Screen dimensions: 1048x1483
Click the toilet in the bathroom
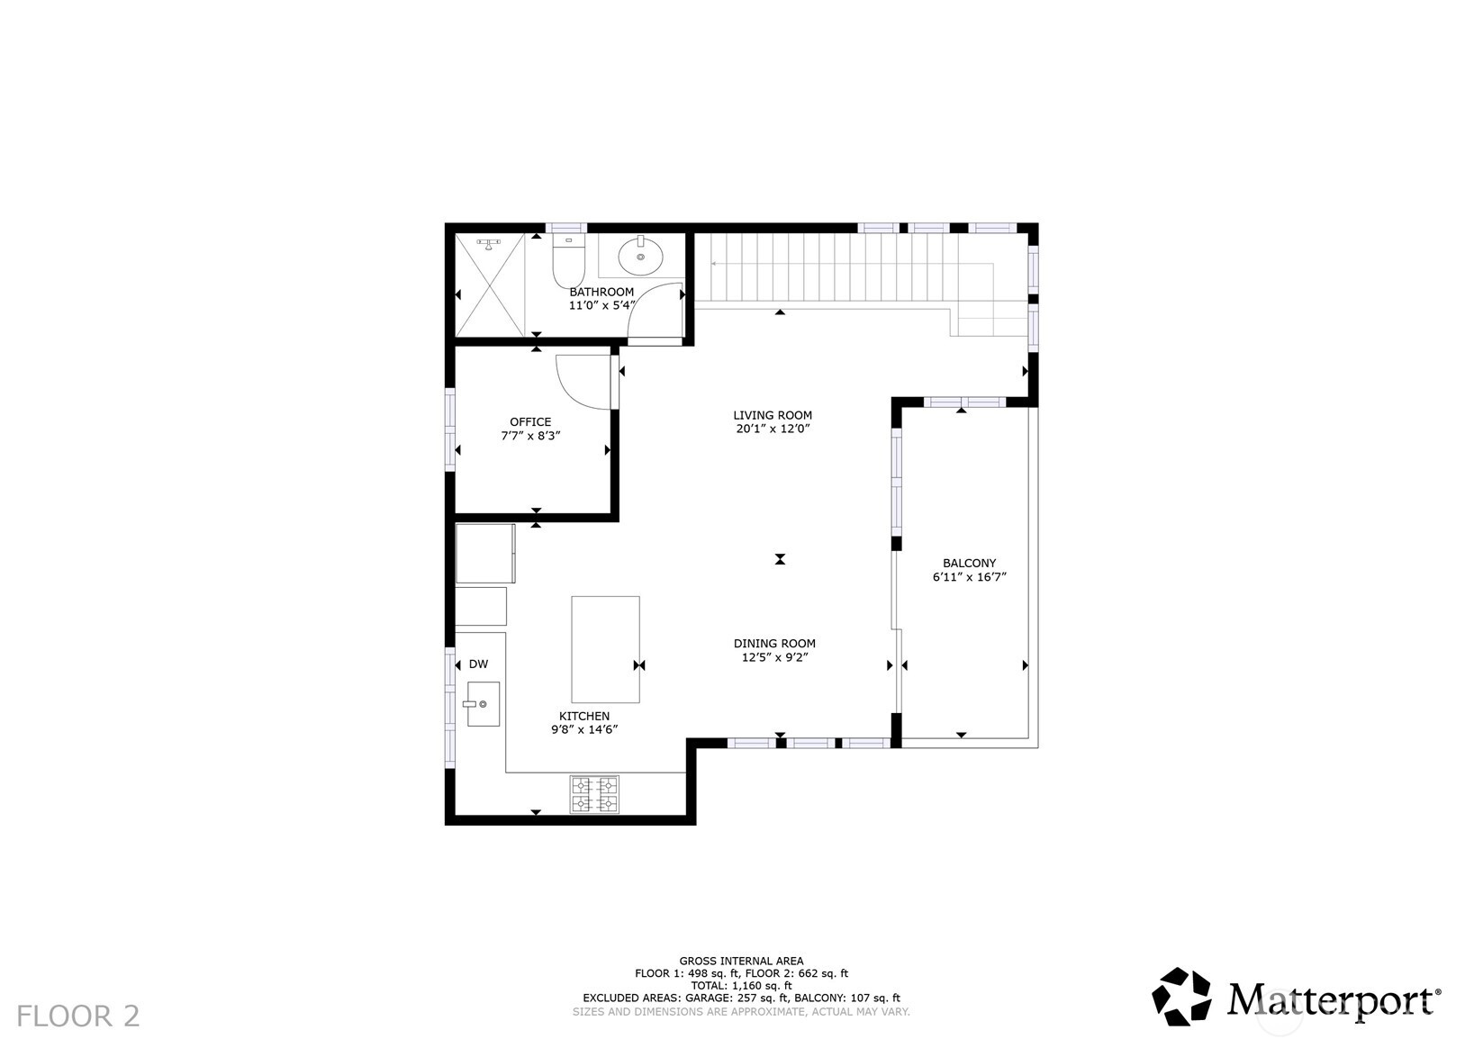568,262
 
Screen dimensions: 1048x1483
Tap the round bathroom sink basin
641,257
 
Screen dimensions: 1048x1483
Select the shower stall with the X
489,284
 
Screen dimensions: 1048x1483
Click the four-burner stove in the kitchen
594,794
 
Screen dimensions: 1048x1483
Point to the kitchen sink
483,703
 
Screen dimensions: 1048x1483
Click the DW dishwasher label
478,664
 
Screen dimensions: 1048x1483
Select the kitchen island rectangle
605,648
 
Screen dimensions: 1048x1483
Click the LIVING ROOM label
772,415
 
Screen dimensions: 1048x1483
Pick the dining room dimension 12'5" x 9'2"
774,657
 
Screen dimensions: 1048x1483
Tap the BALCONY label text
969,564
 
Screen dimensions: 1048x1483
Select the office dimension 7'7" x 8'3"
530,436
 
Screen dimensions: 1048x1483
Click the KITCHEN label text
583,716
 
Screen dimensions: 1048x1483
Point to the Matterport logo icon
1182,996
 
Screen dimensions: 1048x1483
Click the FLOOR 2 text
78,1016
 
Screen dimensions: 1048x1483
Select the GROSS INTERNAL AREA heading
741,961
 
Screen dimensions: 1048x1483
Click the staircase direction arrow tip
713,264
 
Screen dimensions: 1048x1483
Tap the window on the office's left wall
451,429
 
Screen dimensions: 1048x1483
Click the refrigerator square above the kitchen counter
485,553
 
